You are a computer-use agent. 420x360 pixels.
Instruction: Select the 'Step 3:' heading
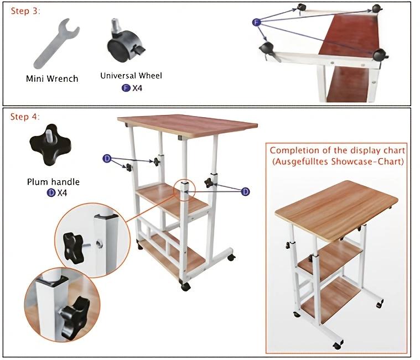coord(26,11)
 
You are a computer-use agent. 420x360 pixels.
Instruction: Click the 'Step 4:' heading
coord(26,117)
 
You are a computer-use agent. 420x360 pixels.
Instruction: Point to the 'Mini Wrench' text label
coord(52,79)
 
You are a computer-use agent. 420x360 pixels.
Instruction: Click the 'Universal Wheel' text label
coord(131,76)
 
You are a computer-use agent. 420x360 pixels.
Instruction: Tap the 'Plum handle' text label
coord(53,182)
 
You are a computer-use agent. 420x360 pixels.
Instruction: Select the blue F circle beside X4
coord(125,87)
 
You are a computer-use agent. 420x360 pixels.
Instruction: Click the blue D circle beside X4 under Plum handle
coord(50,193)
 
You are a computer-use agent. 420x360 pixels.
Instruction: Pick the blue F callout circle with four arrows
coord(256,22)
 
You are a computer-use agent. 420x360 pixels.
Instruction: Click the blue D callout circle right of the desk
coord(245,191)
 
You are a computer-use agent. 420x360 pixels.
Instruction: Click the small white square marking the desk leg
coord(184,188)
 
